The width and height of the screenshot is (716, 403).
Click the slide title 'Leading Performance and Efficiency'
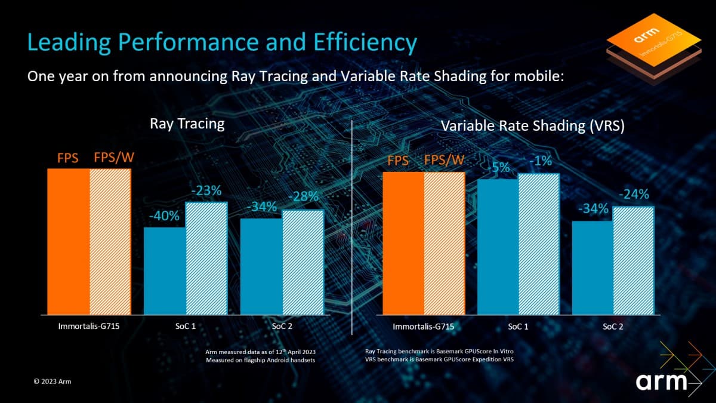point(222,44)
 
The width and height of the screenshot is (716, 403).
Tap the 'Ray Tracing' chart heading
point(187,124)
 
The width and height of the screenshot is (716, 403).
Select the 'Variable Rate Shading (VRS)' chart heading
point(532,126)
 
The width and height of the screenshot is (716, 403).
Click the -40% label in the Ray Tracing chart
point(165,216)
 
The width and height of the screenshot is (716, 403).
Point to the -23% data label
point(206,191)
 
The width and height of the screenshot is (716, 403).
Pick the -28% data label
point(304,197)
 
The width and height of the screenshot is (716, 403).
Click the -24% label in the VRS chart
point(634,194)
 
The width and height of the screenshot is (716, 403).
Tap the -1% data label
point(539,161)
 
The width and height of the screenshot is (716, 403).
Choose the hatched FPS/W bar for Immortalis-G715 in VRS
point(444,242)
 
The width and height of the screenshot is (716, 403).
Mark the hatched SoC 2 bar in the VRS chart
point(634,260)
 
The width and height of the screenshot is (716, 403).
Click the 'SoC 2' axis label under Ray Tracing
point(282,327)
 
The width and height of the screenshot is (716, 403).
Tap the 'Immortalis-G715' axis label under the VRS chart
point(424,327)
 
